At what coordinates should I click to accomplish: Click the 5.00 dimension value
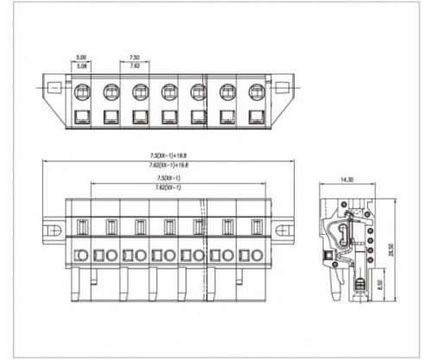(x=81, y=58)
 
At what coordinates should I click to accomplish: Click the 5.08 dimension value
(x=81, y=66)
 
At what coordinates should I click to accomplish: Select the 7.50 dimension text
(x=135, y=58)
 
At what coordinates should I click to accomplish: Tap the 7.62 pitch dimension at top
(x=135, y=66)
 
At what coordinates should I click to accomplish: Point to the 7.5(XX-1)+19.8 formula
(x=168, y=155)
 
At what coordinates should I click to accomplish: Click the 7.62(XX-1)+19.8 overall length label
(x=168, y=165)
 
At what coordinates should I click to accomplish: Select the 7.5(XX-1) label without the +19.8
(x=168, y=178)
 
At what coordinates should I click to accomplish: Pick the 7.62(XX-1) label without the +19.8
(x=168, y=187)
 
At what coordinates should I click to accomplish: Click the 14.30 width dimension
(x=346, y=180)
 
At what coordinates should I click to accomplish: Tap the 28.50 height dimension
(x=391, y=249)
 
